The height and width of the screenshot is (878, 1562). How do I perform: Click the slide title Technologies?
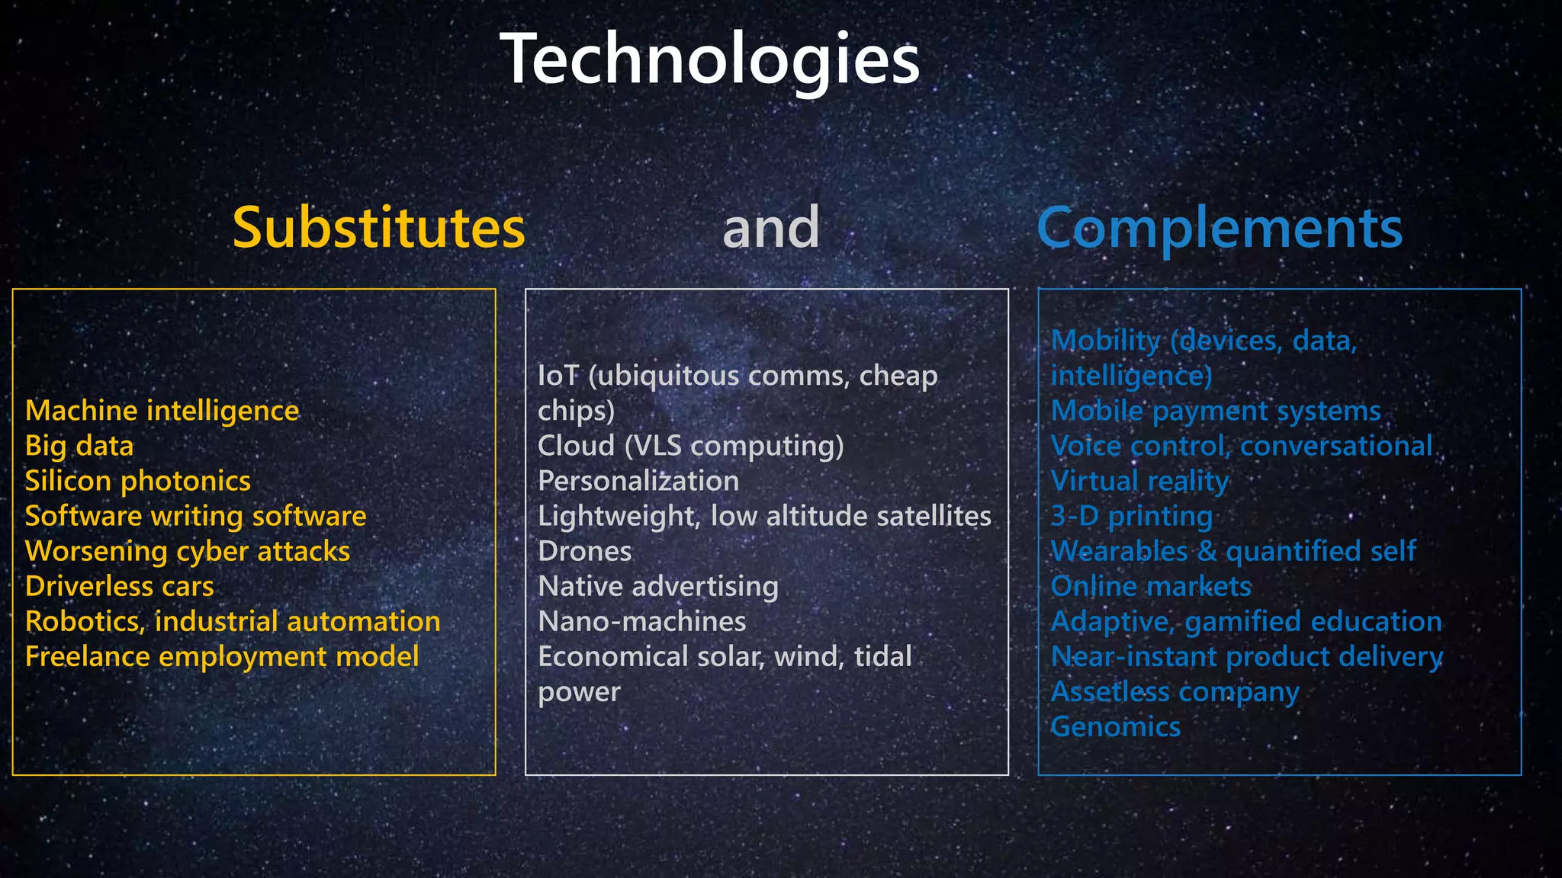(x=709, y=59)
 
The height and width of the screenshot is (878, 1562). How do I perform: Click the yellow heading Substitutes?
(x=378, y=228)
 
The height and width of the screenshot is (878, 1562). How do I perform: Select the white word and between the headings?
(x=770, y=228)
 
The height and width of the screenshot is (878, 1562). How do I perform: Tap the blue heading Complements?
(x=1219, y=228)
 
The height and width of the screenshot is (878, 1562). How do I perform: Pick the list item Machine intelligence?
(x=162, y=412)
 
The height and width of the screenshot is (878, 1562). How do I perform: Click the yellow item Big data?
(x=79, y=447)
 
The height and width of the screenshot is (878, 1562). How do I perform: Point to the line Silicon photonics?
(x=137, y=482)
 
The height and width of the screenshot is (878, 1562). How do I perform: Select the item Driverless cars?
(x=119, y=587)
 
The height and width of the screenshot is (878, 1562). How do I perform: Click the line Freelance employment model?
(x=221, y=657)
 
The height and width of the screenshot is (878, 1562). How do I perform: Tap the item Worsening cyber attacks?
(x=187, y=552)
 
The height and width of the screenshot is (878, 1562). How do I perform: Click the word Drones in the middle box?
(x=584, y=552)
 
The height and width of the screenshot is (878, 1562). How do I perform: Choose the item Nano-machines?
(x=641, y=622)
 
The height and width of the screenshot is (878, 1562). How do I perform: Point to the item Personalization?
(x=638, y=482)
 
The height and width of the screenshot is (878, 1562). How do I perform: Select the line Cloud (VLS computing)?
(x=690, y=447)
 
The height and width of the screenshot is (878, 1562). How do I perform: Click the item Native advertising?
(x=657, y=587)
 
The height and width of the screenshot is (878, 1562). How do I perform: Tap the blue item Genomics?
(x=1115, y=727)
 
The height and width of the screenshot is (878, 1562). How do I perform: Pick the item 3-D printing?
(x=1131, y=517)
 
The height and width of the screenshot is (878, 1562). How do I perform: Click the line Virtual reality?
(x=1139, y=482)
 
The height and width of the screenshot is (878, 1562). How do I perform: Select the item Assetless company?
(x=1175, y=692)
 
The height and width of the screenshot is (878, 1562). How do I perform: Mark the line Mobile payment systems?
(x=1215, y=412)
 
